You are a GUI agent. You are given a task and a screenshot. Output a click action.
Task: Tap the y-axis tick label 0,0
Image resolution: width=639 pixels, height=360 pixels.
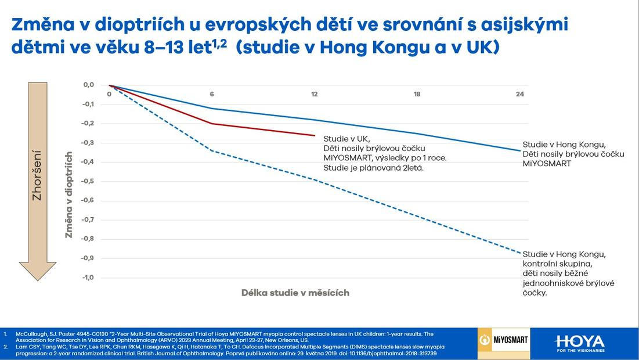pos(88,85)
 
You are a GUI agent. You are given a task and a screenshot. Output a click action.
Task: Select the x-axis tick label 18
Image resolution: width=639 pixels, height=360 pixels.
pos(417,94)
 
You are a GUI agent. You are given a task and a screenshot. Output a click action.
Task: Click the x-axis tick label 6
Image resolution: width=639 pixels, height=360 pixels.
pos(212,94)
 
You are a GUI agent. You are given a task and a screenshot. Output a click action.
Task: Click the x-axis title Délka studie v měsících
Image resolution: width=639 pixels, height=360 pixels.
pos(295,293)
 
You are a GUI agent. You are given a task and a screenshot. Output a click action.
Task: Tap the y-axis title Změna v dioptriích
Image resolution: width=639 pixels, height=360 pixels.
pos(69,195)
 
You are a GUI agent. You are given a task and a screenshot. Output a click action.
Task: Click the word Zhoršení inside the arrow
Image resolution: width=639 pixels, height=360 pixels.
pos(37,175)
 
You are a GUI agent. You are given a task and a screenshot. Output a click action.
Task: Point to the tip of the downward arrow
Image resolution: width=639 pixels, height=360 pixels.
pos(38,280)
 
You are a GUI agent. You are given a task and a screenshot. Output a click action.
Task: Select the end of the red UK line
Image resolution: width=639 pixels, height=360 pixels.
pos(314,135)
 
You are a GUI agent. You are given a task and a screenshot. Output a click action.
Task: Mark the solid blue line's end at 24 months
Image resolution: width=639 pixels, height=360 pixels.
pos(519,150)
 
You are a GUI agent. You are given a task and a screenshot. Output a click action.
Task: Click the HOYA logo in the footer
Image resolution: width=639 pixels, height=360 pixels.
pos(579,342)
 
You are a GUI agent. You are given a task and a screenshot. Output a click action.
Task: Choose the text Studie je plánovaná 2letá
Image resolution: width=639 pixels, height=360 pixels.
pos(373,168)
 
